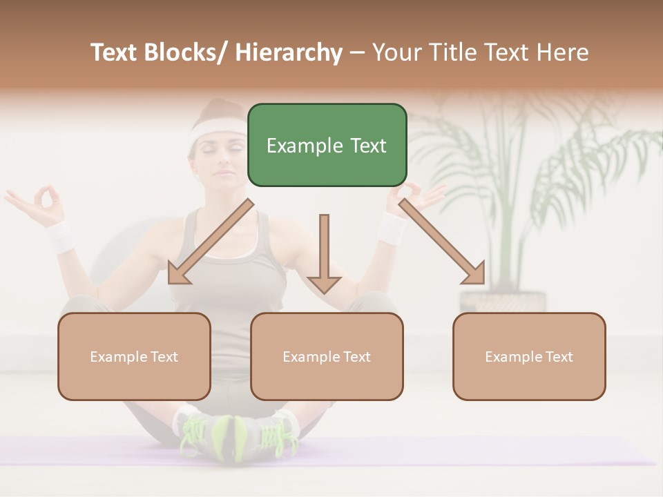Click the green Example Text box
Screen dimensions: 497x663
click(x=327, y=145)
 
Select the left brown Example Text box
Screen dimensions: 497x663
click(x=134, y=356)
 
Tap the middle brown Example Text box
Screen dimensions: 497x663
click(x=327, y=356)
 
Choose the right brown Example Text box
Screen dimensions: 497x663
click(x=529, y=356)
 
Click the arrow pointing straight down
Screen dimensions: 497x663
click(x=324, y=255)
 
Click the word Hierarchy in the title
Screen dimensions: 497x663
click(x=289, y=52)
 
